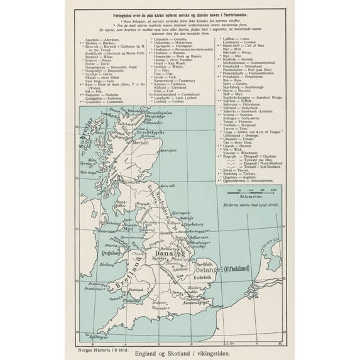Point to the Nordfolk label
(202, 257)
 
